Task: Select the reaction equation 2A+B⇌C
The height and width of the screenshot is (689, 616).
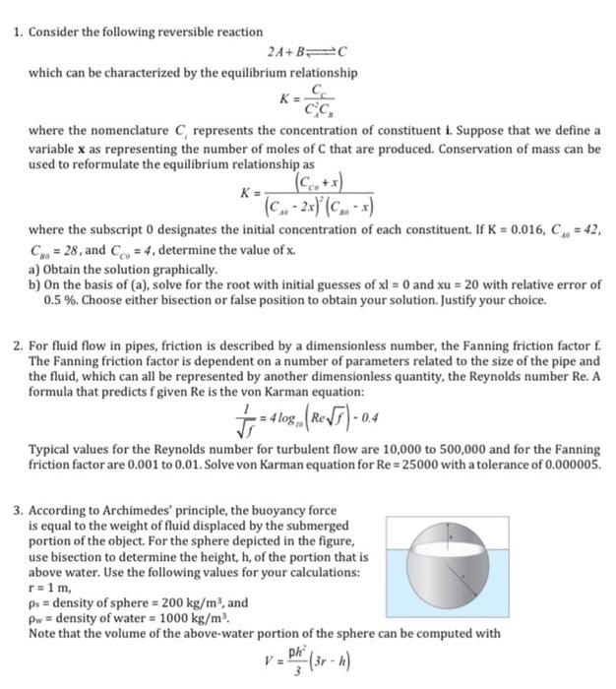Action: pos(308,52)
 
